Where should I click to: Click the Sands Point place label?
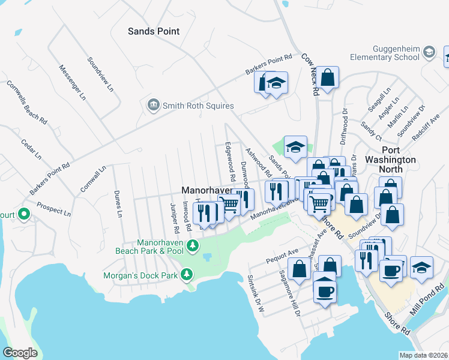coord(154,31)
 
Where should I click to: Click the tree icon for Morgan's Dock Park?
coord(187,274)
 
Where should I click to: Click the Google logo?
coord(20,352)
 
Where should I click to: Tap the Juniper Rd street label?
coord(175,218)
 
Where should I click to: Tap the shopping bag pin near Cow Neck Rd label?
coord(327,78)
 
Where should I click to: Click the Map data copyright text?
coord(423,355)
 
